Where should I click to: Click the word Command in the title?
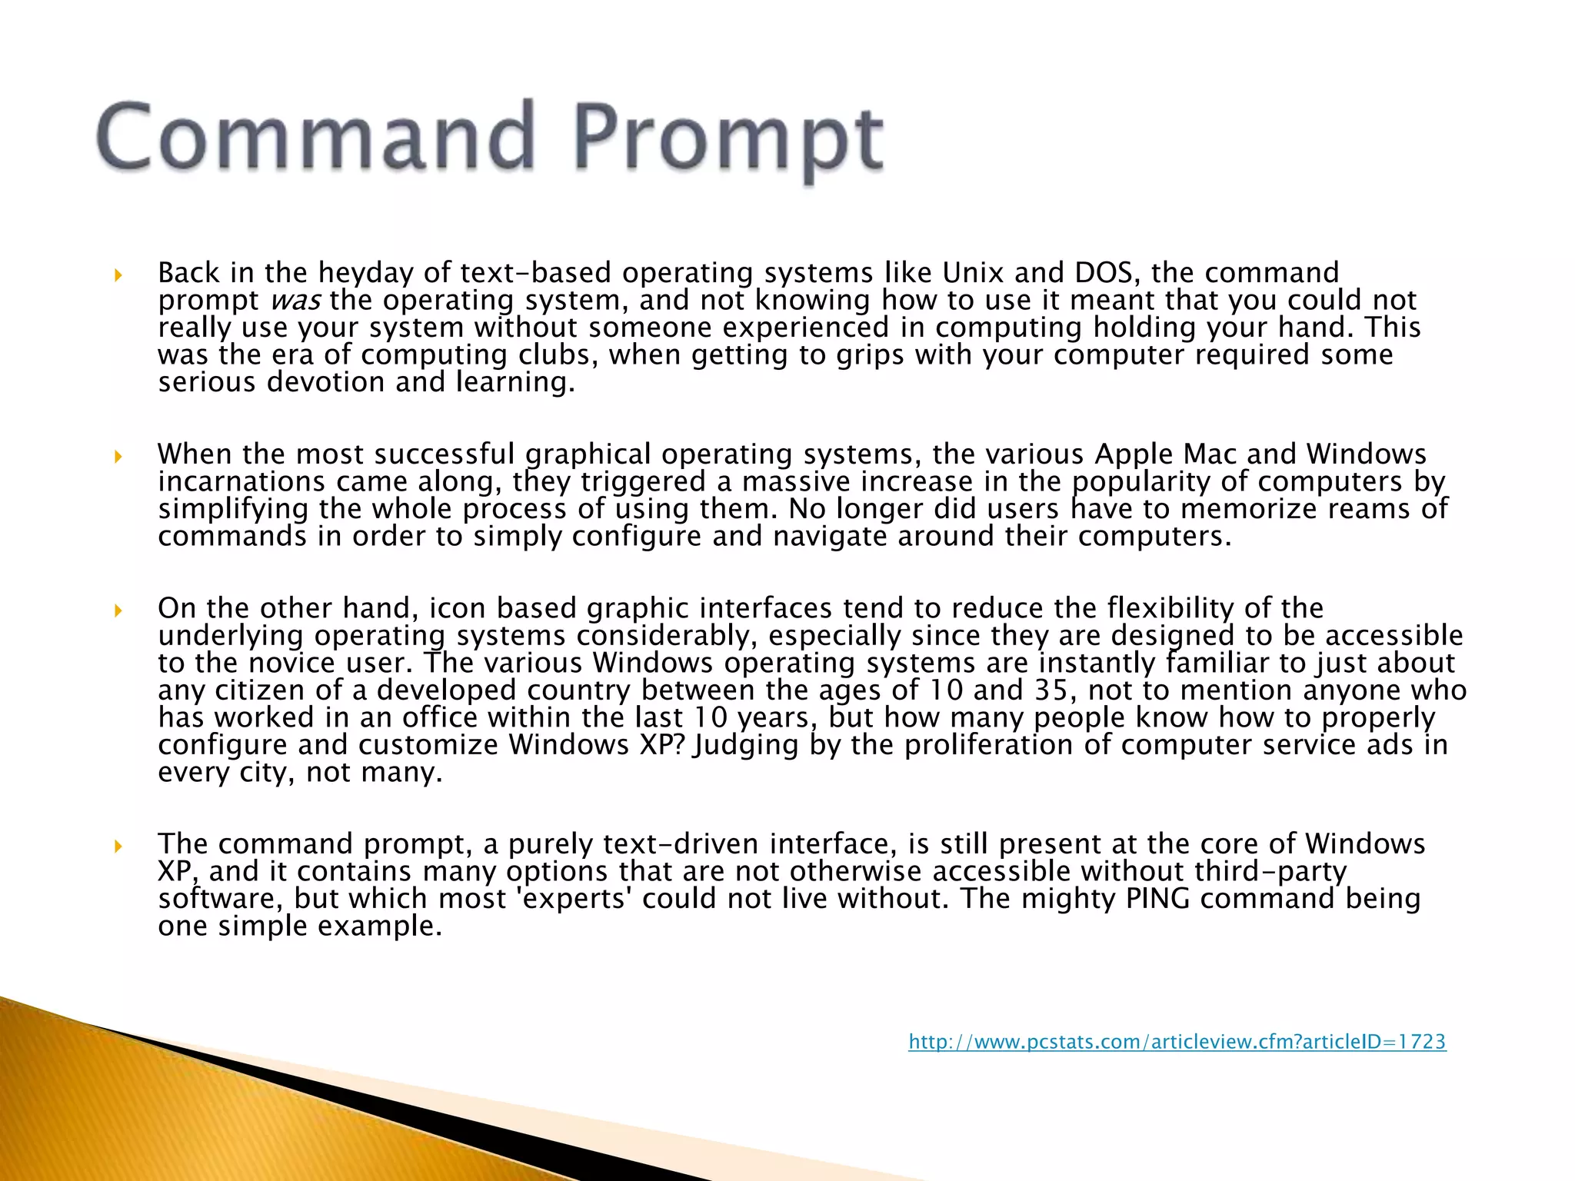316,136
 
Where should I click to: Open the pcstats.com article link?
1177,1042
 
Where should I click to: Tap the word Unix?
973,273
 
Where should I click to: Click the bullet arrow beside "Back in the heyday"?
118,274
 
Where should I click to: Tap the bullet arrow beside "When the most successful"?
118,456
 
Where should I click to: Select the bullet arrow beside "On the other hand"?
118,610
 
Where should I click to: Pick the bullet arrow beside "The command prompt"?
118,846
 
